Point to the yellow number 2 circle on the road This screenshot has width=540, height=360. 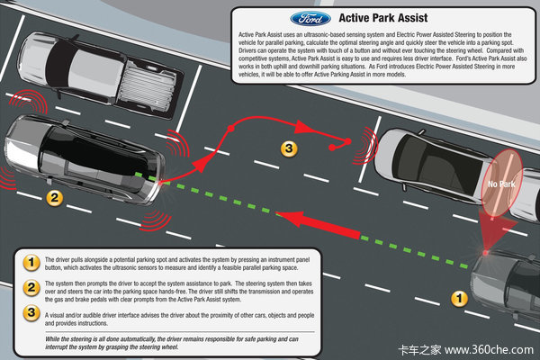tap(53, 197)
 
